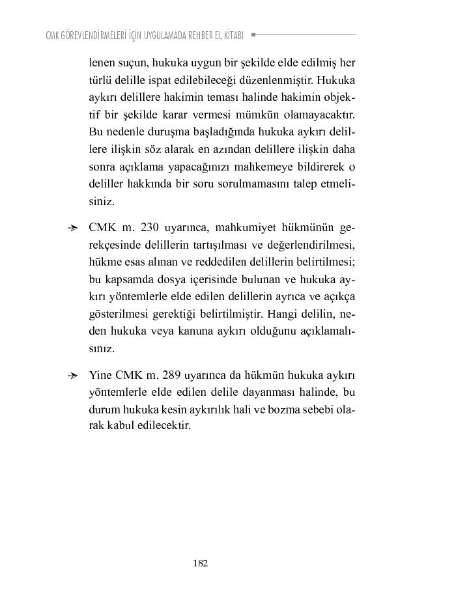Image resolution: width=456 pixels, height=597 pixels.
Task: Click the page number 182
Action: (x=200, y=563)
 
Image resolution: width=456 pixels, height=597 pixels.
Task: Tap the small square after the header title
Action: (x=253, y=35)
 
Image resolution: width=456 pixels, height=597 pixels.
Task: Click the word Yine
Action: (x=100, y=376)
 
